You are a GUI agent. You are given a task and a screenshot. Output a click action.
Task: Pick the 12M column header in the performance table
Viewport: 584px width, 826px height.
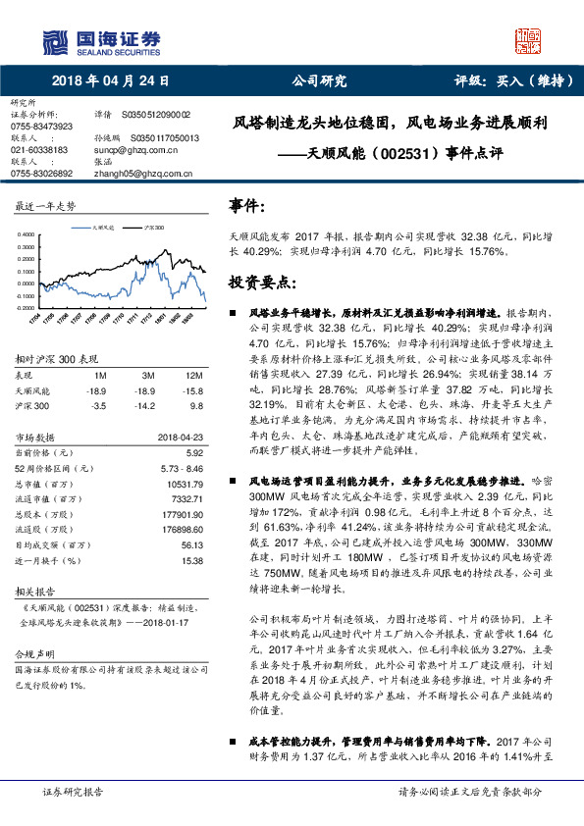193,376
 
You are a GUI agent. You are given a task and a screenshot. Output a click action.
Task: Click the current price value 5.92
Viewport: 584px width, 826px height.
192,452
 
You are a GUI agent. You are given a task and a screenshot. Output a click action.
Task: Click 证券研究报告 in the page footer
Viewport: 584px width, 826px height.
71,791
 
